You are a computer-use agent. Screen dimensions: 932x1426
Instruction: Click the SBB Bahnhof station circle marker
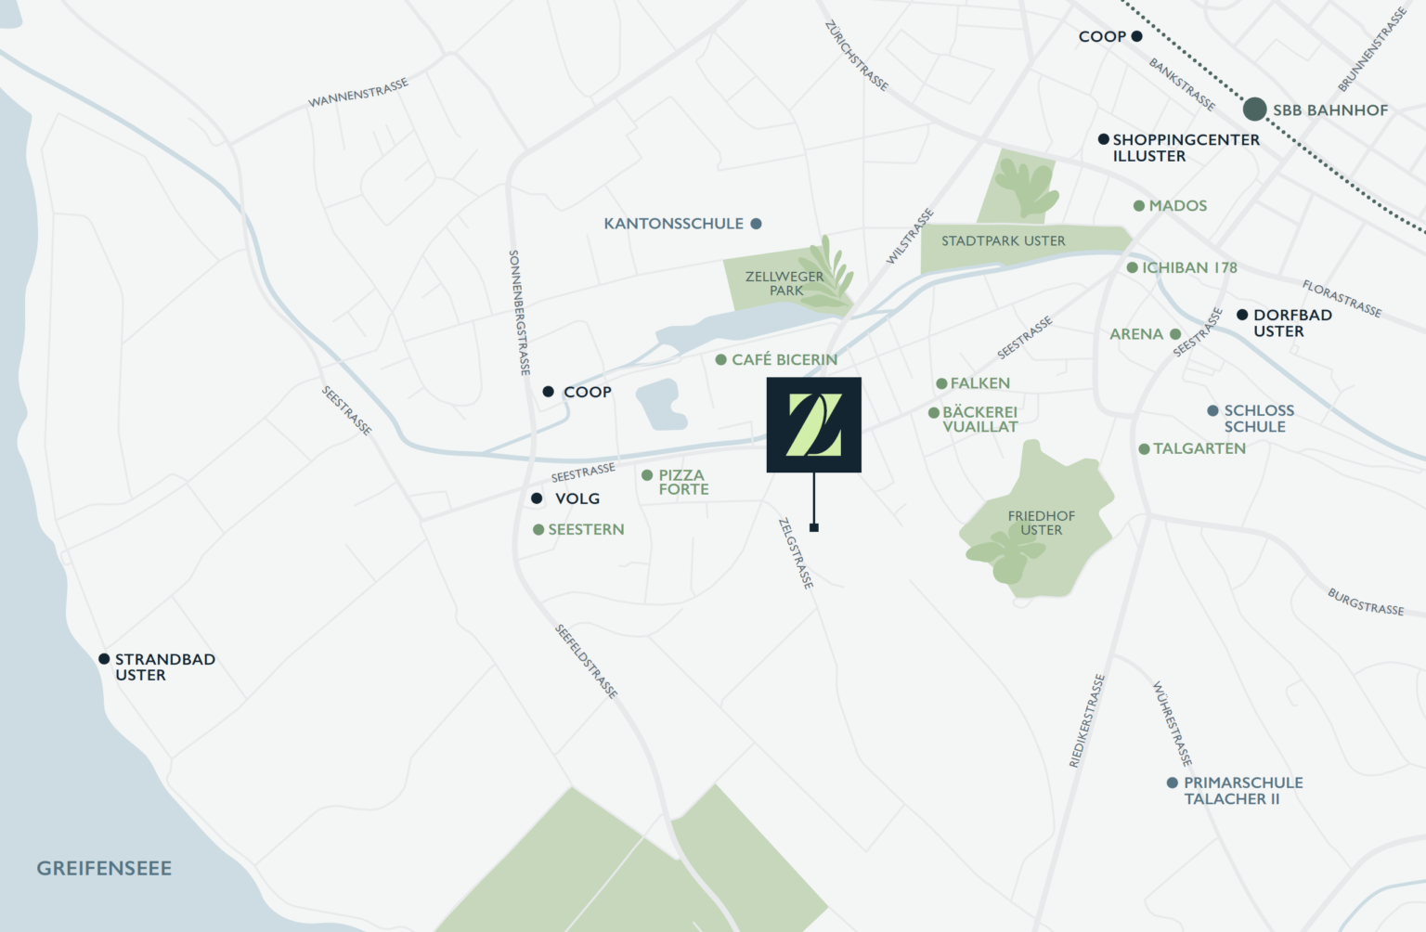pos(1255,110)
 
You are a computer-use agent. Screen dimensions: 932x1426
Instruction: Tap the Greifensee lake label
pos(104,869)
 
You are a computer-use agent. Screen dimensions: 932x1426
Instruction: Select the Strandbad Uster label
pos(164,667)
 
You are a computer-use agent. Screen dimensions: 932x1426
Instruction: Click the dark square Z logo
pos(813,425)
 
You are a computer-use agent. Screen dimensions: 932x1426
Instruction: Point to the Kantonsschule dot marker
pos(756,224)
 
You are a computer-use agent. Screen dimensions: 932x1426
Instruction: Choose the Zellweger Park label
pos(784,283)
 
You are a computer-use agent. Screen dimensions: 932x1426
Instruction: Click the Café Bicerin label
pos(784,359)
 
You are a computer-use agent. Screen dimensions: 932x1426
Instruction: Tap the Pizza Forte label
pos(683,482)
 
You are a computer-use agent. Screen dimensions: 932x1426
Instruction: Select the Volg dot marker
pos(537,498)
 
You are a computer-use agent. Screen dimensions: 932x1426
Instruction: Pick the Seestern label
pos(586,529)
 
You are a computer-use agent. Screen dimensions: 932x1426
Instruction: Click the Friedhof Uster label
pos(1041,523)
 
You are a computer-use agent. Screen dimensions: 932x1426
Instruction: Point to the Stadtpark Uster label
pos(1003,241)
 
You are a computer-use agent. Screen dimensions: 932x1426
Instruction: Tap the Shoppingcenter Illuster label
pos(1186,148)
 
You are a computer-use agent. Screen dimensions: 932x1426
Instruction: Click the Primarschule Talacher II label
pos(1242,791)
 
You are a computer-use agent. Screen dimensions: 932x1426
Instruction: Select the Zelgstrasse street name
pos(796,553)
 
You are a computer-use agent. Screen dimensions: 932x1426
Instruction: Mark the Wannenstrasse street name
pos(358,93)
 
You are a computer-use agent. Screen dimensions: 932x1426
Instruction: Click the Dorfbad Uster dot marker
pos(1242,315)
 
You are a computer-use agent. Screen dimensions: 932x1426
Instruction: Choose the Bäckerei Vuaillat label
pos(979,420)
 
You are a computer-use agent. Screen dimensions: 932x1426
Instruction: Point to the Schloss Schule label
pos(1258,419)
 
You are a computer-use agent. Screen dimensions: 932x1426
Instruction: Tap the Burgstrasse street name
pos(1365,602)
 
